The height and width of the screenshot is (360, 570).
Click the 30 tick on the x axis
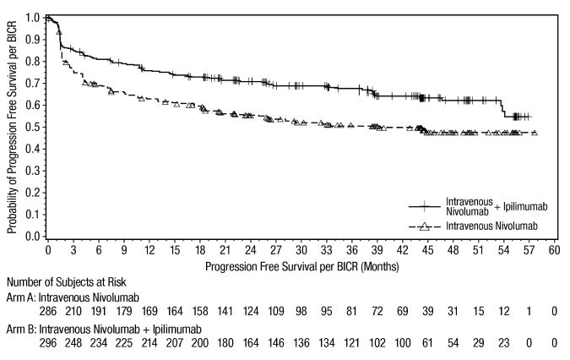tap(301, 251)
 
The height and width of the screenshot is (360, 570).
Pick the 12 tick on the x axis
tap(149, 251)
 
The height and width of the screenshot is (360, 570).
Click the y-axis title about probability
tap(12, 127)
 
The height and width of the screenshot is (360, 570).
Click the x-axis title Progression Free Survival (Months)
tap(301, 265)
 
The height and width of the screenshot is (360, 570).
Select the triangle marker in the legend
tap(425, 226)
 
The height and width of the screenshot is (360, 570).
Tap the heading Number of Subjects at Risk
tap(67, 281)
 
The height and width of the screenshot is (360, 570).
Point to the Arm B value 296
tap(48, 342)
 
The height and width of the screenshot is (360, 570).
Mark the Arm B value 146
tap(276, 342)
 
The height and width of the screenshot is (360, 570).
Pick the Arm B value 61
tap(428, 342)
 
